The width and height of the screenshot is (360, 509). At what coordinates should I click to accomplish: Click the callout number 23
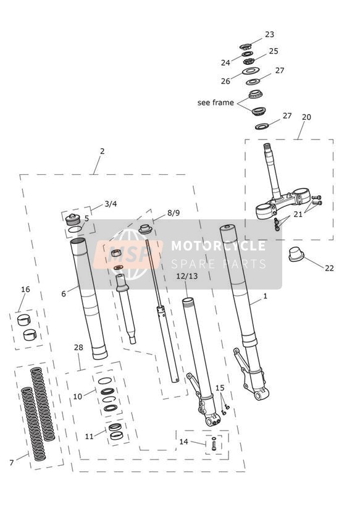click(269, 34)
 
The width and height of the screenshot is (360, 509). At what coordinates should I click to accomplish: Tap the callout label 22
click(329, 268)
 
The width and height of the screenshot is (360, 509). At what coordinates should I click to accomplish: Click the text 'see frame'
click(216, 103)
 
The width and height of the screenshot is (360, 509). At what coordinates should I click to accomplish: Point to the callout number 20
click(306, 117)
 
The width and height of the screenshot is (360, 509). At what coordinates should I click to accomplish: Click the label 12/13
click(187, 276)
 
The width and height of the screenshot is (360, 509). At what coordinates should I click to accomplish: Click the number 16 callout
click(25, 289)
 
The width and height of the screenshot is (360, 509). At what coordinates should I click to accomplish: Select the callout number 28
click(78, 347)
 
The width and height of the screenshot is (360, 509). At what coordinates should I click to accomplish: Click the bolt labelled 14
click(214, 444)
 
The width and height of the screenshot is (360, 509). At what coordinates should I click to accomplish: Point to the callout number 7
click(12, 462)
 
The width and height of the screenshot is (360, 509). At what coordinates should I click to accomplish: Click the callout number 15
click(220, 387)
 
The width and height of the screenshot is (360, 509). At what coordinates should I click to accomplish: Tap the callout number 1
click(265, 296)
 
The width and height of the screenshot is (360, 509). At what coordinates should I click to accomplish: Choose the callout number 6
click(64, 293)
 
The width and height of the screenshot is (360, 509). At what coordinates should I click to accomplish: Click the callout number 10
click(78, 397)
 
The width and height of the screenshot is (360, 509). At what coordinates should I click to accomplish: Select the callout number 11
click(90, 437)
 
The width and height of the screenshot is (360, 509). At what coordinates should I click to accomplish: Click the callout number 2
click(103, 151)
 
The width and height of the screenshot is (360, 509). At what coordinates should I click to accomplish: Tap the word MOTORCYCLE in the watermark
click(219, 246)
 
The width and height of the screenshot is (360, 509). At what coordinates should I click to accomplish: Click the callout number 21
click(298, 214)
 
